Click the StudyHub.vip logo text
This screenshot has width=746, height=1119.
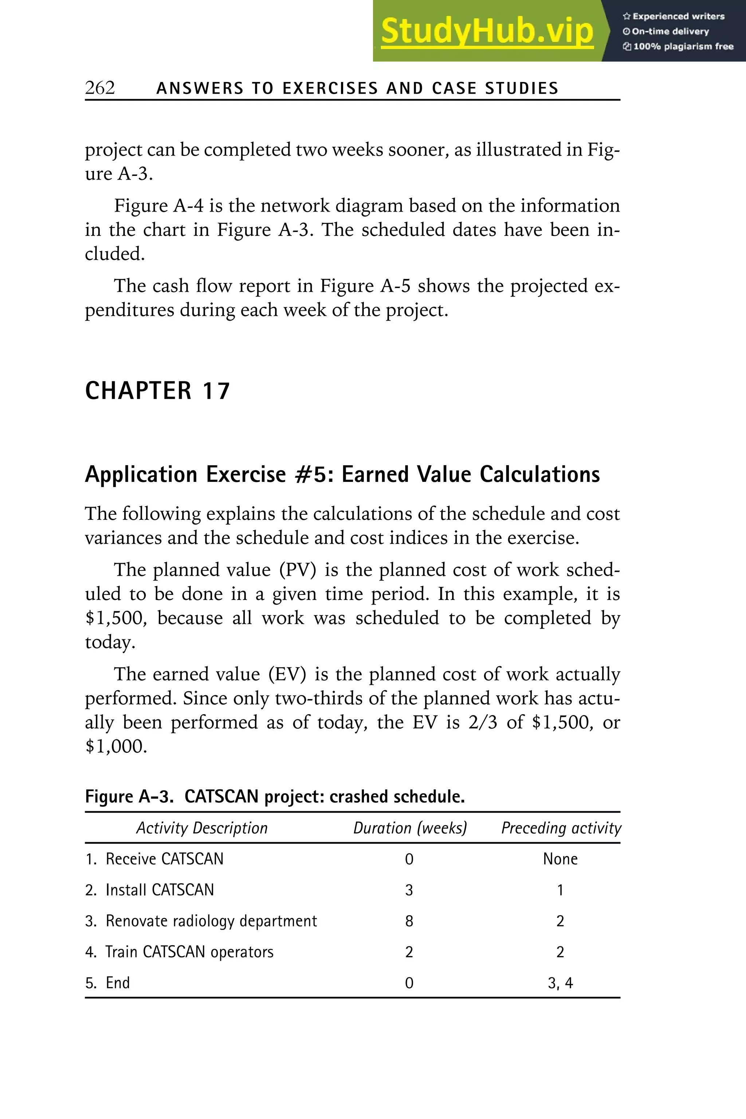tap(487, 31)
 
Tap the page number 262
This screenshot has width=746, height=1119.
tap(100, 88)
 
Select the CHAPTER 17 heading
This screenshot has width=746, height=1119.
tap(157, 391)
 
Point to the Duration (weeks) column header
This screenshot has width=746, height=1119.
tap(410, 828)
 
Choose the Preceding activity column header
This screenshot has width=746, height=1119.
tap(561, 828)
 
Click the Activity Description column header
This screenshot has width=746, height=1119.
tap(202, 828)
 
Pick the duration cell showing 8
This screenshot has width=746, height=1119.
tap(409, 921)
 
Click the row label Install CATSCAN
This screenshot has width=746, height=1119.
tap(160, 890)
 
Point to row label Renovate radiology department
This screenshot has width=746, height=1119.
tap(211, 921)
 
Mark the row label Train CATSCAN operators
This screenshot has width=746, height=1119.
tap(189, 952)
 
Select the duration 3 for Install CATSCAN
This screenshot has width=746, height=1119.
tap(409, 890)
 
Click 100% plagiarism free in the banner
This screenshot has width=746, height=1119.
tap(683, 47)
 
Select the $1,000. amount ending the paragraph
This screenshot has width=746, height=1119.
tap(116, 746)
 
